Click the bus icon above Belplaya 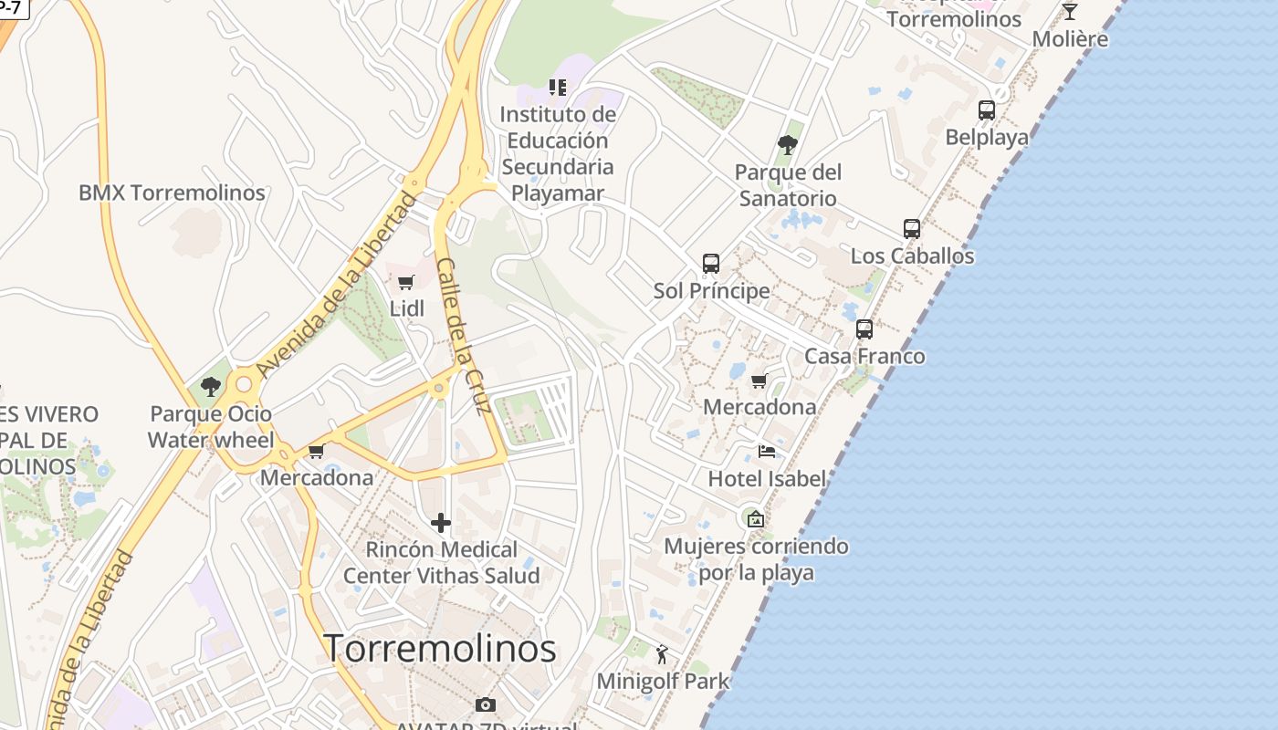(x=986, y=110)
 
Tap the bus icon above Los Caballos (x=911, y=229)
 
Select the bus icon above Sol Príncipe (x=711, y=264)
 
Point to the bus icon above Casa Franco (x=864, y=329)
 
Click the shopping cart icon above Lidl (x=406, y=283)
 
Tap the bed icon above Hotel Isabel (x=767, y=452)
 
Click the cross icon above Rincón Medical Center (x=441, y=523)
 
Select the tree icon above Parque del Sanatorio (x=787, y=145)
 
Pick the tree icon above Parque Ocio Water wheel (x=211, y=387)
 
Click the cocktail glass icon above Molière (x=1070, y=12)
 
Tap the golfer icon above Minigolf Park (x=663, y=654)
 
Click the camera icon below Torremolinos (x=486, y=704)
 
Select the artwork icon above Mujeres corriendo (x=756, y=519)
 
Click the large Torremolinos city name (x=440, y=649)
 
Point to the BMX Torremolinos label (x=172, y=193)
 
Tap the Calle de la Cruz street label (x=465, y=335)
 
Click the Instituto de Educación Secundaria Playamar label (x=558, y=154)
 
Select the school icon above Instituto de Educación (x=558, y=88)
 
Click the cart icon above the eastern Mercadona (x=759, y=381)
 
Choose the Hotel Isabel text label (x=767, y=478)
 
